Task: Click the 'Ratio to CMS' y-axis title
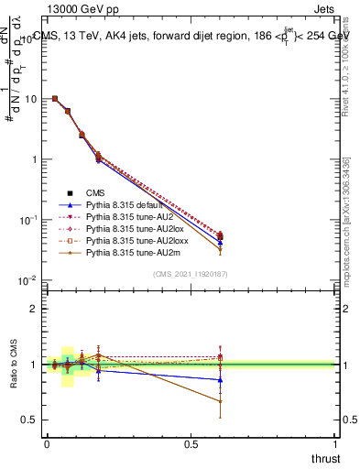point(13,365)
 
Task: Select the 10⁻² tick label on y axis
point(28,279)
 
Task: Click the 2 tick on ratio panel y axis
point(34,309)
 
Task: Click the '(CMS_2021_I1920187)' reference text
point(191,275)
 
